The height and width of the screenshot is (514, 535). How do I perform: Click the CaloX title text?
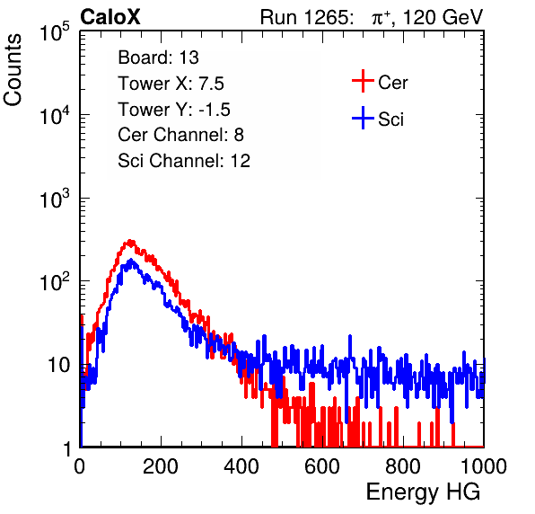coord(110,17)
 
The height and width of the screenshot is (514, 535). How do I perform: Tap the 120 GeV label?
coord(443,17)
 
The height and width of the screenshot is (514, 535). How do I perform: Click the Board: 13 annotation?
coord(158,58)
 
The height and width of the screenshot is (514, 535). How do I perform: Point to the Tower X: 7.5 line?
coord(171,84)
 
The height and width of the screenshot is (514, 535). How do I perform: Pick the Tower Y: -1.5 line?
coord(174,110)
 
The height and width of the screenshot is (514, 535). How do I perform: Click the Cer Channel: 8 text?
coord(180,135)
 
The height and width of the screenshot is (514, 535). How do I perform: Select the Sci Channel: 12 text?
coord(184,161)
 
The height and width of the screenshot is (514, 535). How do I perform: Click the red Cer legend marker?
coord(363,81)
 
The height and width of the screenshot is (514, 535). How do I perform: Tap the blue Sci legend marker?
coord(363,118)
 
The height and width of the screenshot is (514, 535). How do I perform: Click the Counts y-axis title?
coord(13,70)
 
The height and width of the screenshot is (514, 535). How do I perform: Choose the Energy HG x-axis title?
coord(423,492)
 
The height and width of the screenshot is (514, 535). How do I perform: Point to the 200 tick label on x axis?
coord(161,466)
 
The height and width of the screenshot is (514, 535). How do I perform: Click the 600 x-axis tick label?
coord(322,466)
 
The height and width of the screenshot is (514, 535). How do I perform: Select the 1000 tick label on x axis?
coord(484,466)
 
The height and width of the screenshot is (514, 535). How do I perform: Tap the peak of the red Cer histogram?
coord(129,241)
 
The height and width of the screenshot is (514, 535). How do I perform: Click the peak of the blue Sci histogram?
coord(131,261)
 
